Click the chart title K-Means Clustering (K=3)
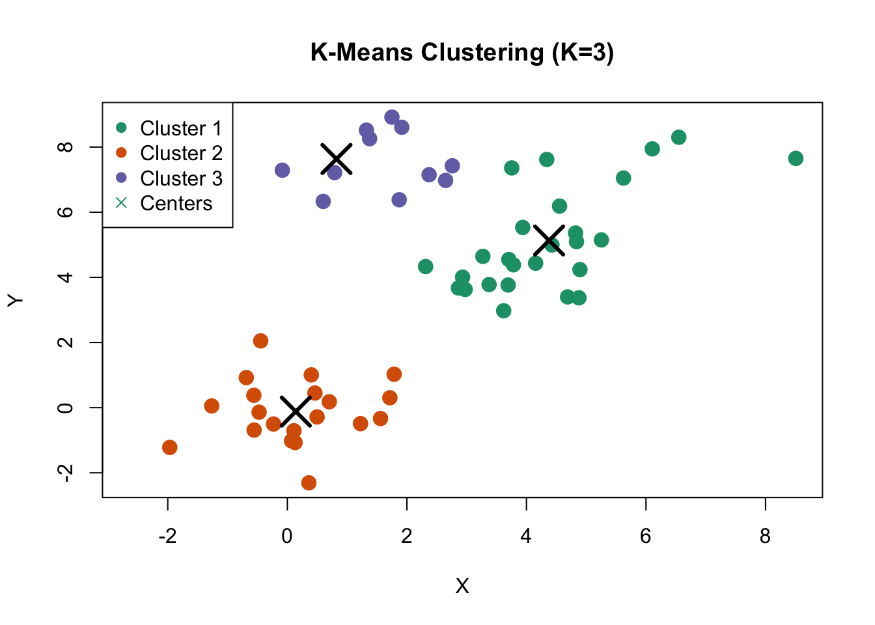coord(462,52)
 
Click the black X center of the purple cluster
coord(337,159)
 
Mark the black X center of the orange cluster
coord(296,411)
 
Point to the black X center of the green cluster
coord(549,240)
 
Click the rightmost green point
coord(796,158)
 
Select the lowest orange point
coord(309,482)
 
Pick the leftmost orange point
coord(170,447)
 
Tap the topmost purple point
coord(392,117)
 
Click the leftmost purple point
coord(282,170)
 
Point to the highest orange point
coord(260,340)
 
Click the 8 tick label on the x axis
coord(765,536)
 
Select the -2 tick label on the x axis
coord(167,536)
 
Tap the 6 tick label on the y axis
coord(65,212)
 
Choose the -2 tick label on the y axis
coord(65,473)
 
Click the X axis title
coord(462,586)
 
